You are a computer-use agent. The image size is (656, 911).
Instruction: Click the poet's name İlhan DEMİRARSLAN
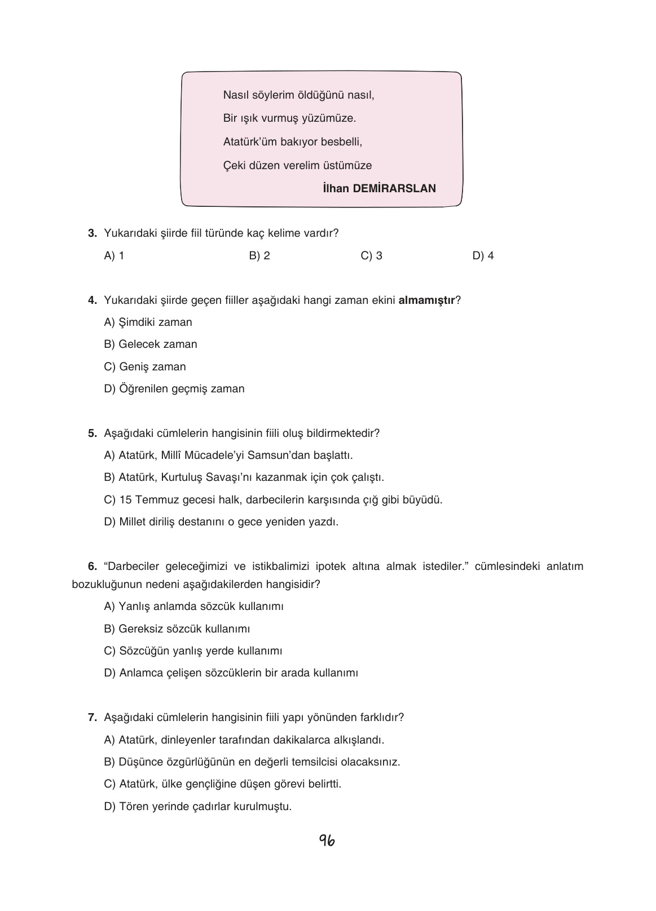click(x=379, y=188)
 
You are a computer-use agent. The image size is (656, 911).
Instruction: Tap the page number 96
click(x=327, y=841)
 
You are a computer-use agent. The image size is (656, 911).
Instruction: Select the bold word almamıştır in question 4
click(x=426, y=300)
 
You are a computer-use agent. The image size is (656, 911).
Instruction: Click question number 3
click(x=93, y=233)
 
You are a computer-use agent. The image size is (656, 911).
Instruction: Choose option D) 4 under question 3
click(x=483, y=255)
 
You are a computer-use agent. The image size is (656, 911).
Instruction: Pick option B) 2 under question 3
click(x=259, y=255)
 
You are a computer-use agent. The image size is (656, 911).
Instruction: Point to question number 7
click(x=93, y=718)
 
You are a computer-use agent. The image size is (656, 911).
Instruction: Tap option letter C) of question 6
click(x=110, y=651)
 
